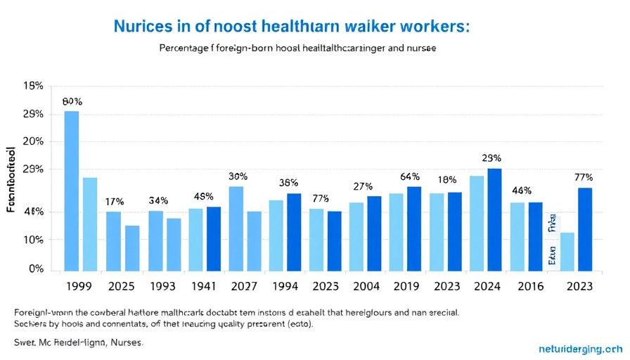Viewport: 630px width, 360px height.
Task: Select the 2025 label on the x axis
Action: [121, 287]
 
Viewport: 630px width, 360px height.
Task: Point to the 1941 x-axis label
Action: [203, 287]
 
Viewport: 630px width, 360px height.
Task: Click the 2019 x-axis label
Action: [406, 287]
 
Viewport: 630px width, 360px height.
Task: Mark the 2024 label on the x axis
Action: [487, 287]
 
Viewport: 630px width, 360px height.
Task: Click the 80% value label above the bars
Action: [72, 101]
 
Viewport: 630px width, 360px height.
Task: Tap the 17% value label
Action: [115, 202]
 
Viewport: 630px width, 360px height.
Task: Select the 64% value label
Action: [409, 176]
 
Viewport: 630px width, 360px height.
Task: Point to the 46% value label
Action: [521, 191]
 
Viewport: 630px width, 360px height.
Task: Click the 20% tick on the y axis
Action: [34, 141]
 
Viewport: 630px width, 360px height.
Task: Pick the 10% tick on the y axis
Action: [34, 240]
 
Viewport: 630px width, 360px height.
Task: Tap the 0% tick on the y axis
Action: [37, 269]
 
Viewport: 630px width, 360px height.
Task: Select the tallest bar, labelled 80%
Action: [72, 191]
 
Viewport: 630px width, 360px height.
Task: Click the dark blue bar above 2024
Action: [494, 219]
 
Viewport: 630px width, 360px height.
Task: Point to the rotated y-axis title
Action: [11, 179]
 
